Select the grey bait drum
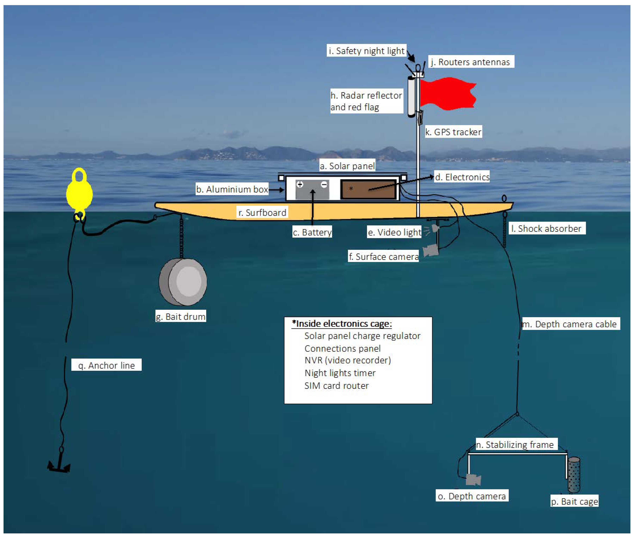click(183, 282)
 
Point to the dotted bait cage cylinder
click(574, 474)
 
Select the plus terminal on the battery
click(300, 185)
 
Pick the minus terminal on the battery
click(324, 185)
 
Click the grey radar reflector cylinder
click(411, 96)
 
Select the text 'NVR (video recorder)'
click(347, 360)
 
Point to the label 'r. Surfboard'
click(262, 213)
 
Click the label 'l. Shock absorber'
click(547, 228)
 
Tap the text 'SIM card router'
click(336, 385)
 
